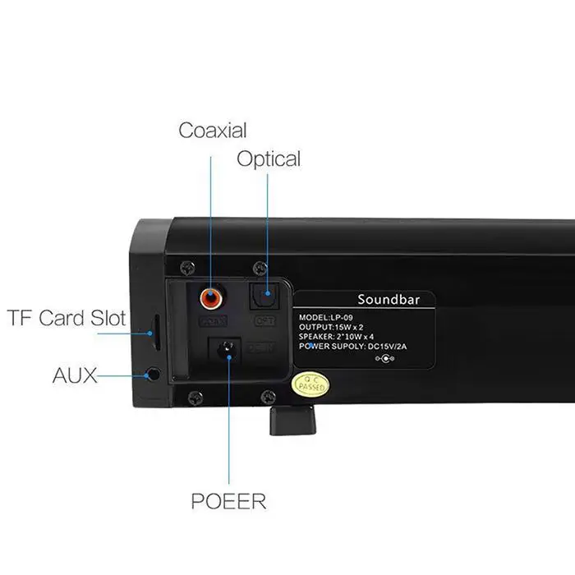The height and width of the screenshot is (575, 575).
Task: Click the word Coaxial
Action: [213, 130]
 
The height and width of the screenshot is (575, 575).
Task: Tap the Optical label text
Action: [269, 159]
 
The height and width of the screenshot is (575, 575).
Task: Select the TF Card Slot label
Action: [67, 317]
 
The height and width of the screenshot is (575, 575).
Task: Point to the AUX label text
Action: [75, 375]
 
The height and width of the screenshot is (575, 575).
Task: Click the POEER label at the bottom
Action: [229, 500]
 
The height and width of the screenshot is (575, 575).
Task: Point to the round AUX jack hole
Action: [153, 375]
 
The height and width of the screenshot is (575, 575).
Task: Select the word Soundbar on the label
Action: [389, 299]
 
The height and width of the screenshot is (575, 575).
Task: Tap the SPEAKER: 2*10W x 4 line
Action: [349, 337]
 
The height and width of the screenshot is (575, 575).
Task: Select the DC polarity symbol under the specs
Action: [384, 360]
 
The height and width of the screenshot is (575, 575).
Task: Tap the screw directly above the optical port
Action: [260, 267]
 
